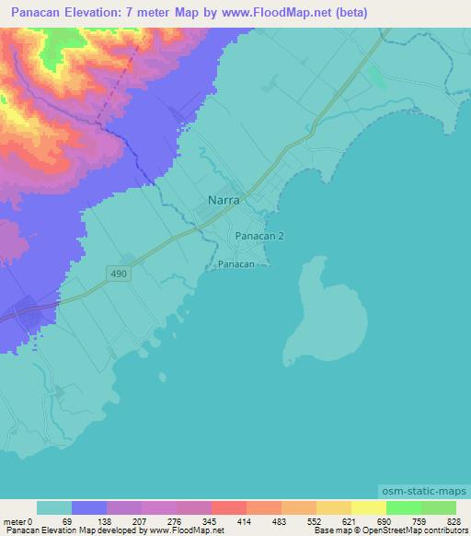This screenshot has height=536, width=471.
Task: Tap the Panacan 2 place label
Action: tap(259, 236)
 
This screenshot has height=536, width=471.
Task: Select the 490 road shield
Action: tap(123, 274)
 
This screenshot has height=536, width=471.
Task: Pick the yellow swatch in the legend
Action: tap(368, 508)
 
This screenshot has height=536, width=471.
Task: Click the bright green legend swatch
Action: tap(403, 508)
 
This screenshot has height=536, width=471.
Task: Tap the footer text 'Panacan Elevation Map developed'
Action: tap(64, 530)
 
